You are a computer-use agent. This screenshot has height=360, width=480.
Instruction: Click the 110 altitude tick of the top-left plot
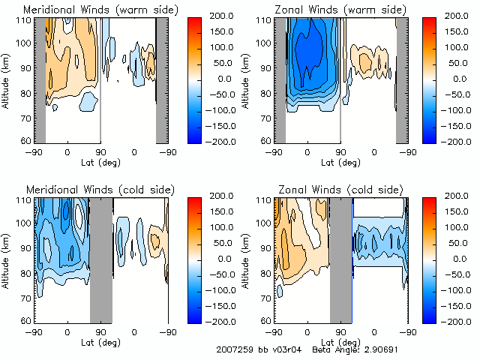25,19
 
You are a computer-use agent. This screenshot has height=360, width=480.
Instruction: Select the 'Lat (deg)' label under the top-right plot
342,162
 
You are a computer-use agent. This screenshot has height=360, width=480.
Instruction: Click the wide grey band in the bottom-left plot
101,259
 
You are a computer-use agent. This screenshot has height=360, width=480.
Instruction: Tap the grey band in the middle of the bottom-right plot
341,259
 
